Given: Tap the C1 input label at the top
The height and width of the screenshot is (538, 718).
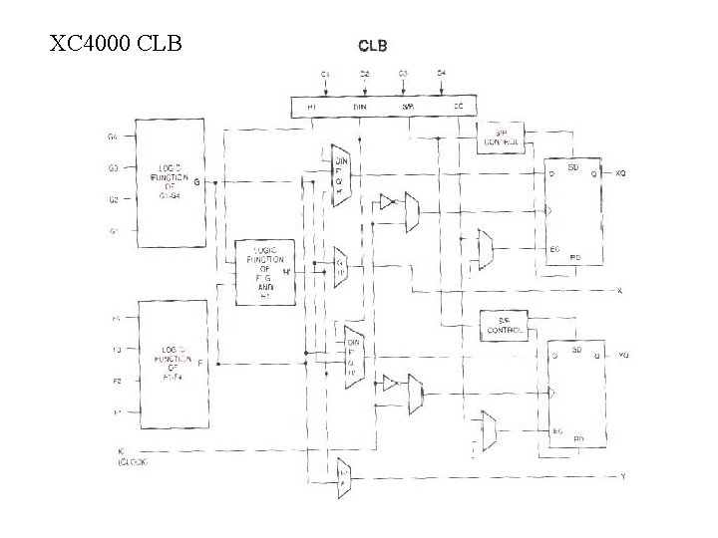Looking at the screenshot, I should point(325,74).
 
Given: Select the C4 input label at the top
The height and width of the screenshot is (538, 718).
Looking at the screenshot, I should point(441,74).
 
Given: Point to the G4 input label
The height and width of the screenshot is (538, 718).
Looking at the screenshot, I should point(114,136).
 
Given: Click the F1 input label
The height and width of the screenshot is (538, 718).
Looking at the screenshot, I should point(116,411).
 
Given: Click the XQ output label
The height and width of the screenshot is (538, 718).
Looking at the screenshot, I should point(621,172).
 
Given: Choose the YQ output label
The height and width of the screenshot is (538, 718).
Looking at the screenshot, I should point(623,354).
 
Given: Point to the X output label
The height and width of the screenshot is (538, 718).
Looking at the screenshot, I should point(620,291).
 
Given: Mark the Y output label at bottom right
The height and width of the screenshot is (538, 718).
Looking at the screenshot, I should point(622,477).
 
